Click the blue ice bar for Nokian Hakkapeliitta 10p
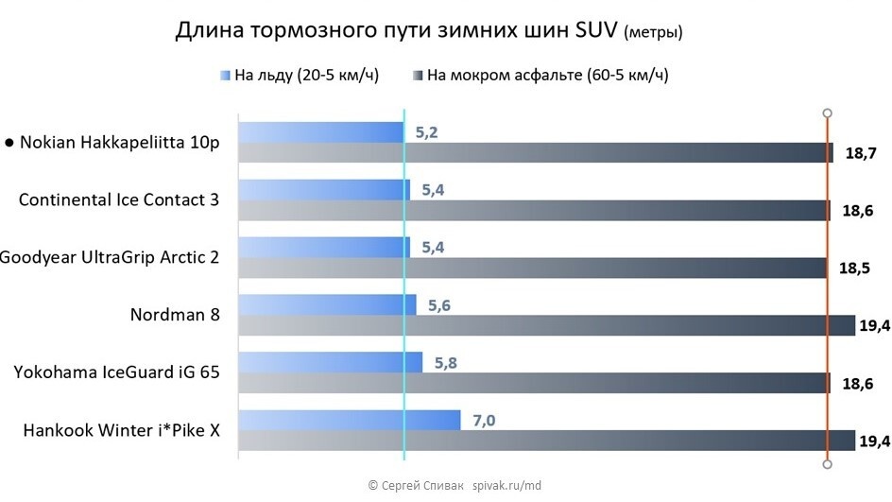(320, 132)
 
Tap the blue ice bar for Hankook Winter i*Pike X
(349, 420)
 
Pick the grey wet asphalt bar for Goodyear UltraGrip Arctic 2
(534, 268)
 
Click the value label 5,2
(426, 132)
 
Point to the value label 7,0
(483, 420)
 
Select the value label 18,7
(855, 153)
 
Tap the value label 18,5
(853, 268)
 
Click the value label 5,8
(445, 362)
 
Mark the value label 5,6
(439, 305)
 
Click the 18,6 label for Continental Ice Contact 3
(857, 211)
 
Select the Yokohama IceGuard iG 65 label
(117, 372)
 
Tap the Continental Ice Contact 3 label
(119, 200)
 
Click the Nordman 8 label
(175, 315)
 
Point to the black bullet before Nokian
(9, 143)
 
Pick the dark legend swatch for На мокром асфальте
(417, 76)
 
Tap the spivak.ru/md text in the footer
(505, 485)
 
